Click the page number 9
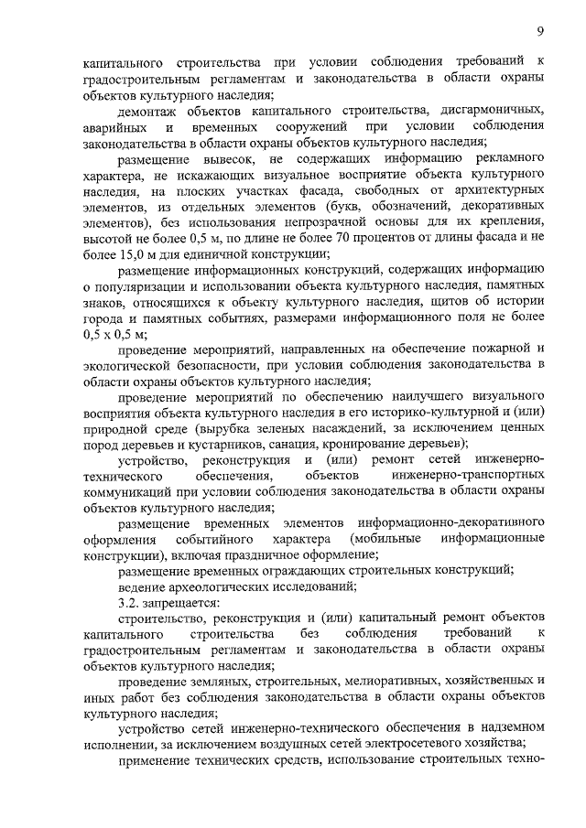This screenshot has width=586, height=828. coord(541,30)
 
